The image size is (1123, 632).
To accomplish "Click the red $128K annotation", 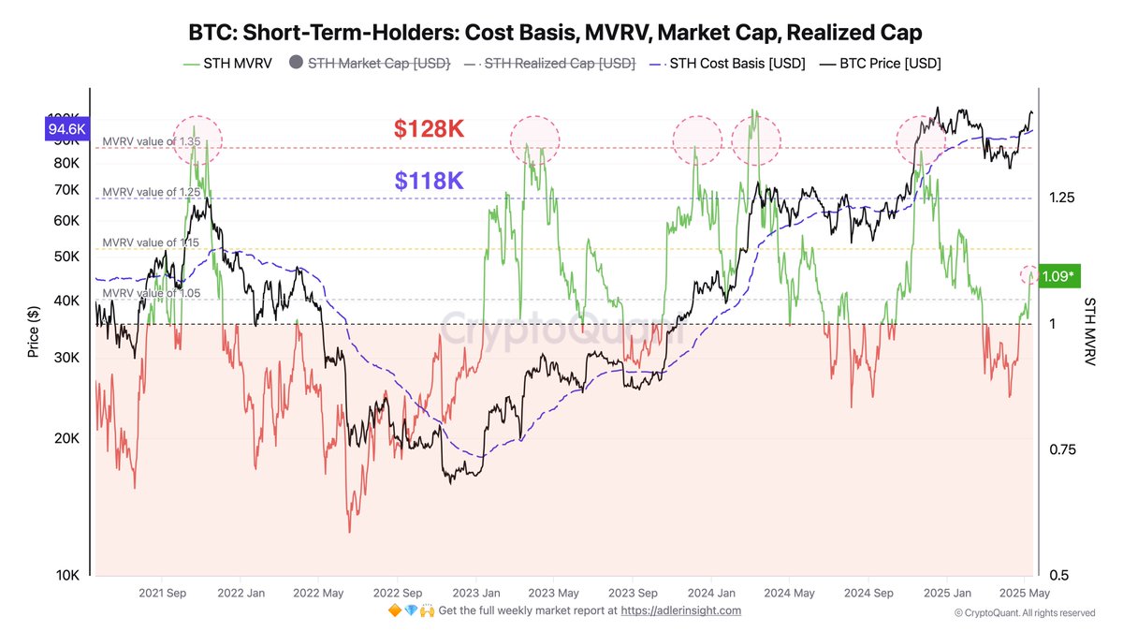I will point(430,129).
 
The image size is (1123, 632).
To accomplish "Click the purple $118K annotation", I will point(430,180).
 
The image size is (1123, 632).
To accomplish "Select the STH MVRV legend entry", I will point(228,64).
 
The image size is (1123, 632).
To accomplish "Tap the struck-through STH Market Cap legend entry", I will point(379,64).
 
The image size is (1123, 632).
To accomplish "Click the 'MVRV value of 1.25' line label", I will point(151,192).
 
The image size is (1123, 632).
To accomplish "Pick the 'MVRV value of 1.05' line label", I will point(151,293).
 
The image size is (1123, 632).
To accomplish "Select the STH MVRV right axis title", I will point(1089,331).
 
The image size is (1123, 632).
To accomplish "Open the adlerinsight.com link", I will point(681,610).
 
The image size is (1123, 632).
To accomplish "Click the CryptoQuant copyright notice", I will point(1024,612).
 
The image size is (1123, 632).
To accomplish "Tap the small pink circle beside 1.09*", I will point(1028,274).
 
